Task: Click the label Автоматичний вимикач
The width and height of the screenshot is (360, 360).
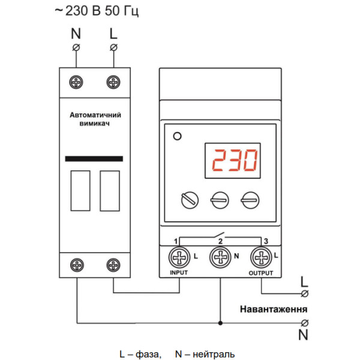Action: pos(94,118)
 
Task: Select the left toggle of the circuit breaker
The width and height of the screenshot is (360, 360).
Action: pos(80,191)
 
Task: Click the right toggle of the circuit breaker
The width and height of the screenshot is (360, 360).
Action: pos(109,191)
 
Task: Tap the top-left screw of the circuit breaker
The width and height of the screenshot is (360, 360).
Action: pos(77,82)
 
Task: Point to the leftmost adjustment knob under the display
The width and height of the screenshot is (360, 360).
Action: pos(189,199)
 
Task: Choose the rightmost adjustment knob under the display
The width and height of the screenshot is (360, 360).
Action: pos(248,199)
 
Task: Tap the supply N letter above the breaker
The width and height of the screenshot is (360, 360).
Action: pos(76,34)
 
